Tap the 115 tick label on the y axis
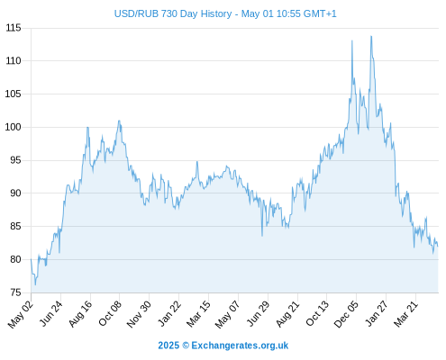tap(14, 28)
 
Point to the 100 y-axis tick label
tap(14, 127)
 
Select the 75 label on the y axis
tap(15, 292)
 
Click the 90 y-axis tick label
tap(15, 193)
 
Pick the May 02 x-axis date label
tap(21, 314)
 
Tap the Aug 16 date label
tap(80, 314)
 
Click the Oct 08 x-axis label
tap(110, 314)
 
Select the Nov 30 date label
tap(139, 314)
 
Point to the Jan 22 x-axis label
tap(169, 313)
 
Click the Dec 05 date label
tap(346, 314)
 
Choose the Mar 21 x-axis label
tap(405, 314)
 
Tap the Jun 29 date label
tap(258, 313)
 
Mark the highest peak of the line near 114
tap(371, 36)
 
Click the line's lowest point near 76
tap(35, 284)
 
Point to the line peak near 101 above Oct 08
tap(119, 121)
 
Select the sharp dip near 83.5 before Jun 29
tap(262, 236)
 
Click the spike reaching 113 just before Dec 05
tap(352, 40)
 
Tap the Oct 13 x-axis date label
tap(317, 313)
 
